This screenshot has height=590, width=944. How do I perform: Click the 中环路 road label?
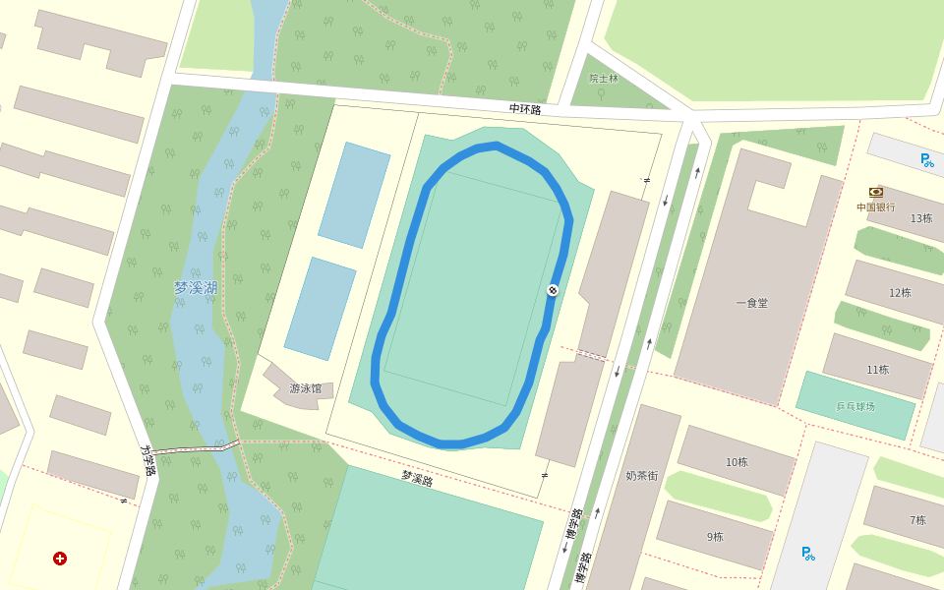[525, 109]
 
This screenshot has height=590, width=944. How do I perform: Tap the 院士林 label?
[604, 78]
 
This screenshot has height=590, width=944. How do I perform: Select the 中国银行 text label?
[875, 207]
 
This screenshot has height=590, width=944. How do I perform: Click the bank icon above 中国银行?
[875, 193]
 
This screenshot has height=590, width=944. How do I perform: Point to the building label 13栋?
[920, 218]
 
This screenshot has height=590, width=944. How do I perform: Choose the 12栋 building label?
[900, 293]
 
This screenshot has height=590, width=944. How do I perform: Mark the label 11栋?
[877, 370]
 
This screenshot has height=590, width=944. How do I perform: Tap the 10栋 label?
[737, 462]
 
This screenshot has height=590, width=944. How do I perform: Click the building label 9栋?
[715, 537]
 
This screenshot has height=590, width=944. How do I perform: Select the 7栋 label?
[917, 520]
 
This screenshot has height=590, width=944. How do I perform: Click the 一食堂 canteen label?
[751, 303]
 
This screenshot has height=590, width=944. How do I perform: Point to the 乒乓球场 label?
[855, 406]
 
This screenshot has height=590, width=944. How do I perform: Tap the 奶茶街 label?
[641, 476]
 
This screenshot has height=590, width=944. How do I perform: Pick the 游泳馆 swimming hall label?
[305, 388]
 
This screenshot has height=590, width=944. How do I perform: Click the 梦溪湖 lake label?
[196, 288]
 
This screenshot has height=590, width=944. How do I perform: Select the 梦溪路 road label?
[417, 479]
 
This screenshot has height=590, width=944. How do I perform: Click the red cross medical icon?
[60, 559]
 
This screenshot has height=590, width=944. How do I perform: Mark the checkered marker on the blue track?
[553, 289]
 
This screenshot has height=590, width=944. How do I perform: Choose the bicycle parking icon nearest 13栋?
[927, 160]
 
